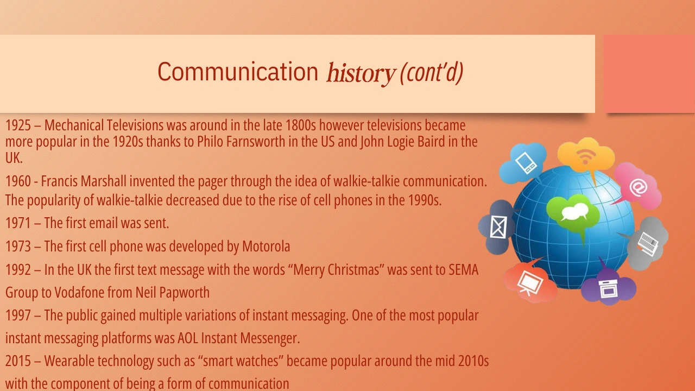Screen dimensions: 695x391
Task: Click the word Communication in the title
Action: (x=238, y=71)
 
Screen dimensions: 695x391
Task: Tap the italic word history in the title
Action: (x=361, y=73)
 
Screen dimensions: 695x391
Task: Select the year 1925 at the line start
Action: (x=18, y=125)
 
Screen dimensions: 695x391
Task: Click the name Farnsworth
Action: (x=256, y=142)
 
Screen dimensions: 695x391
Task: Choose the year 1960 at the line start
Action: (x=18, y=181)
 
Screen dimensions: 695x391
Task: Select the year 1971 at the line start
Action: (x=18, y=223)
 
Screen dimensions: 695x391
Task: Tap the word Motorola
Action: (x=266, y=247)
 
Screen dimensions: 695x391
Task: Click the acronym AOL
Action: (x=188, y=338)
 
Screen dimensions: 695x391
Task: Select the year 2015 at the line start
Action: (x=18, y=361)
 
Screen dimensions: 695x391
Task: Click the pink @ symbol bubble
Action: (x=637, y=186)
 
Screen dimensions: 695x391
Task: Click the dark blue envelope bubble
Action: (x=497, y=227)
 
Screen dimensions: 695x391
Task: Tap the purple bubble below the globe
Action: (x=608, y=287)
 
